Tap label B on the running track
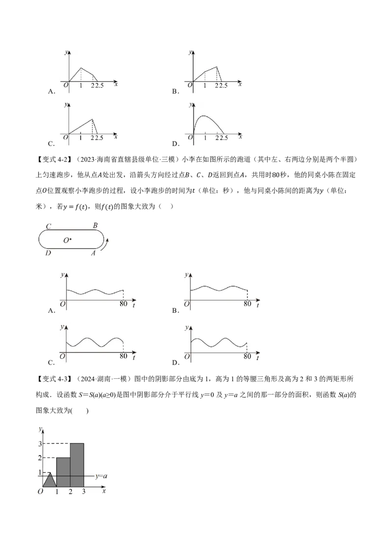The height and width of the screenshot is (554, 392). click(x=95, y=226)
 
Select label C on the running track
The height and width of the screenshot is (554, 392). click(x=49, y=226)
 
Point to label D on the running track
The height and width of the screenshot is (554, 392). click(x=48, y=253)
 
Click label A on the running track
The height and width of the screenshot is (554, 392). click(x=94, y=253)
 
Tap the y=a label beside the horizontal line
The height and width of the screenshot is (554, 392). click(x=101, y=476)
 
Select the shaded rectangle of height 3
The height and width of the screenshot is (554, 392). click(x=77, y=464)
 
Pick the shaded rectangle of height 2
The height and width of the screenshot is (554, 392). click(x=63, y=472)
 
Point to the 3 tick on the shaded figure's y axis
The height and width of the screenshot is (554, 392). click(x=40, y=443)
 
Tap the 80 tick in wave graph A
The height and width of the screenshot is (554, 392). click(x=123, y=304)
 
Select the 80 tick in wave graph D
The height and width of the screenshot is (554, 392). click(x=247, y=356)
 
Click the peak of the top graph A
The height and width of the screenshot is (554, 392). click(x=81, y=68)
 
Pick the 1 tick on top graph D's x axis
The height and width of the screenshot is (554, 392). click(x=205, y=138)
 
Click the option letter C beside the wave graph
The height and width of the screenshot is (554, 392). click(x=51, y=363)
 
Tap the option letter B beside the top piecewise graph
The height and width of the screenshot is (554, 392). click(x=175, y=91)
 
